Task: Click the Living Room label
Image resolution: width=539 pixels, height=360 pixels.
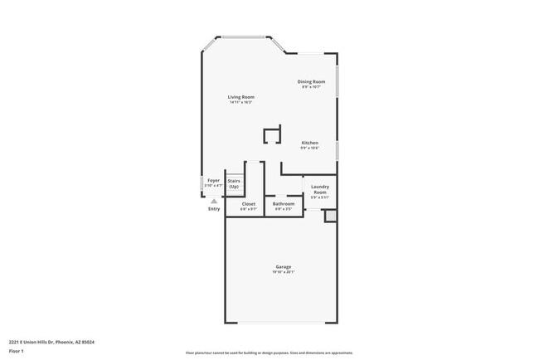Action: coord(241,97)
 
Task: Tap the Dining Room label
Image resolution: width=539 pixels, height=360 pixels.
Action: coord(313,81)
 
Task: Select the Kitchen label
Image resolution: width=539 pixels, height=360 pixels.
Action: coord(310,143)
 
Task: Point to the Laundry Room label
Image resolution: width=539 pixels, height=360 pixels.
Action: coord(320,189)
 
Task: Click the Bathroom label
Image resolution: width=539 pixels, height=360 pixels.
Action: coord(284,204)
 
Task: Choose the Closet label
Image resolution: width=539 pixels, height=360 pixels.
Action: coord(249,204)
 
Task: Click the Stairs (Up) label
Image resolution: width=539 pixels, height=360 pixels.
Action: coord(234,183)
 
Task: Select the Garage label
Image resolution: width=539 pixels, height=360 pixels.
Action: coord(284,266)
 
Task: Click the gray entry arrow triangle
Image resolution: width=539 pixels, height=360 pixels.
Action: coord(214,201)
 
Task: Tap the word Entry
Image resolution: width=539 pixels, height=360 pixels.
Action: coord(215,208)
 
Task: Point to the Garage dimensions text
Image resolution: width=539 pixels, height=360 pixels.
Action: coord(284,272)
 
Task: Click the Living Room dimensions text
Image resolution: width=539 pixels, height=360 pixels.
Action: coord(241,103)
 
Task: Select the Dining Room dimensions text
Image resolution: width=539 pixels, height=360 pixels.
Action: coord(313,87)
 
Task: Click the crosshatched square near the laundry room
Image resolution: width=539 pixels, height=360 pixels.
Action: coord(330,216)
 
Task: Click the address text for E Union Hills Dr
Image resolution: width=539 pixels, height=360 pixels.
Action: coord(41,340)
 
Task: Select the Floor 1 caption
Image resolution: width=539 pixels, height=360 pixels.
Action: coord(17,351)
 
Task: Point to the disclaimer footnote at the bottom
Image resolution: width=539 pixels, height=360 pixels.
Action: coord(269,353)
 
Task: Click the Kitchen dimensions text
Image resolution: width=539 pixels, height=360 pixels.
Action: coord(310,148)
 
